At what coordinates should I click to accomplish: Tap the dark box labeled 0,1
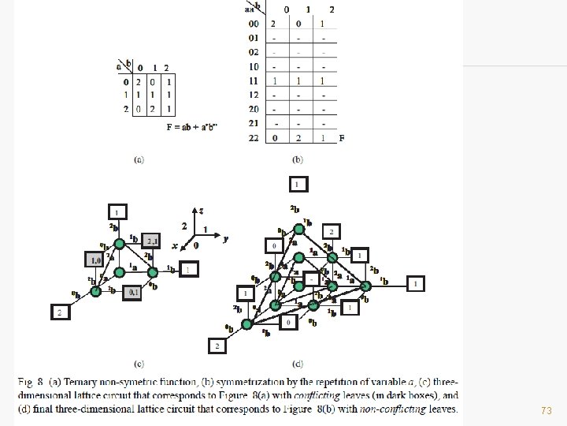pos(132,293)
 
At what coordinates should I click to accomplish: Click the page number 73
pos(547,411)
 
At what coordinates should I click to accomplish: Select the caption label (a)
pos(139,159)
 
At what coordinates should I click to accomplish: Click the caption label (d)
pos(297,364)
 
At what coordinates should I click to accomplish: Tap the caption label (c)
pos(139,364)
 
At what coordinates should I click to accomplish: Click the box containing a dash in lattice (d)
pos(313,278)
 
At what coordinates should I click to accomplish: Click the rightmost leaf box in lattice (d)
pos(414,282)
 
